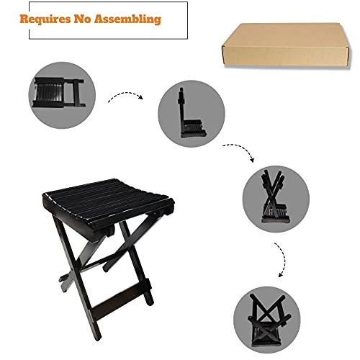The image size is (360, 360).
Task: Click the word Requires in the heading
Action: click(x=48, y=19)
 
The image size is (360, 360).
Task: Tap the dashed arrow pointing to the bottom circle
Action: click(x=278, y=258)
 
